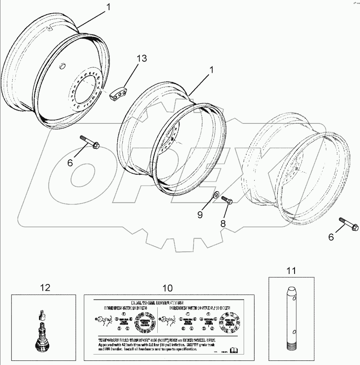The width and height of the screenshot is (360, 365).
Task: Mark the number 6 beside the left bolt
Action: point(70,162)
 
